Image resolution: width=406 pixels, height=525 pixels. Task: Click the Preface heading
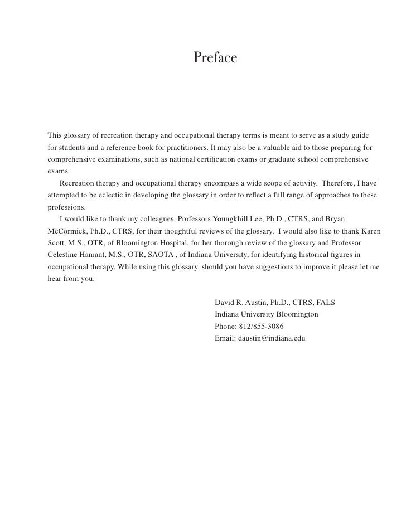[x=216, y=58]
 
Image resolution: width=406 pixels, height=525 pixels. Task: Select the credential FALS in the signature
[x=325, y=303]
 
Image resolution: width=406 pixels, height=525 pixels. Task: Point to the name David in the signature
[x=225, y=303]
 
